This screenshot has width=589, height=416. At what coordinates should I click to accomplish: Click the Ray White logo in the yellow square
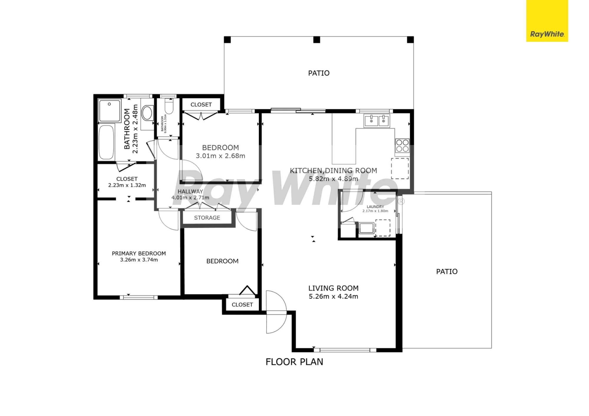pyautogui.click(x=547, y=34)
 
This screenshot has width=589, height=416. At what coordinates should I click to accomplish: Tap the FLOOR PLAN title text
pyautogui.click(x=294, y=362)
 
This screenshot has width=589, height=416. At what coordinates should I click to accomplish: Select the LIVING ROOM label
pyautogui.click(x=333, y=288)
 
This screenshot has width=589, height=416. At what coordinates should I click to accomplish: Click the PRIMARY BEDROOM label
pyautogui.click(x=139, y=253)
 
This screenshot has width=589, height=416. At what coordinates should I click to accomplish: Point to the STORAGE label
pyautogui.click(x=207, y=218)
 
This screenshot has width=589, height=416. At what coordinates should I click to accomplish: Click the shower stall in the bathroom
pyautogui.click(x=110, y=111)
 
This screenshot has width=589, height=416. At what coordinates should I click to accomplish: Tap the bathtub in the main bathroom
pyautogui.click(x=106, y=142)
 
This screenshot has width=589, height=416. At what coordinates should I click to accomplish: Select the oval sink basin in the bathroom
pyautogui.click(x=147, y=113)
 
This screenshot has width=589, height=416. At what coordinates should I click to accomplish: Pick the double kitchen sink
pyautogui.click(x=377, y=121)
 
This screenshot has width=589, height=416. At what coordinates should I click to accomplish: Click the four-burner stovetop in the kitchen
pyautogui.click(x=402, y=146)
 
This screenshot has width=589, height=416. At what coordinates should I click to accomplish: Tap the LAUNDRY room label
pyautogui.click(x=375, y=207)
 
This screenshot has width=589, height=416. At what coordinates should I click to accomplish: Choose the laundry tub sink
pyautogui.click(x=367, y=228)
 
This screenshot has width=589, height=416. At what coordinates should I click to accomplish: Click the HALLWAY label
pyautogui.click(x=190, y=192)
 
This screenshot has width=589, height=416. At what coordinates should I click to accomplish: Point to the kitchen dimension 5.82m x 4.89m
pyautogui.click(x=333, y=179)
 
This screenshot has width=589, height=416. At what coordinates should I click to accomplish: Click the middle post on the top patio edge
pyautogui.click(x=317, y=40)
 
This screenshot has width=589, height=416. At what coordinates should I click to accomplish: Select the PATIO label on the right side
pyautogui.click(x=447, y=272)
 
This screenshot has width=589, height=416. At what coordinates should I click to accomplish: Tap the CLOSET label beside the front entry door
pyautogui.click(x=242, y=305)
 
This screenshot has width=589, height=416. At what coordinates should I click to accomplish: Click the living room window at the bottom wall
pyautogui.click(x=345, y=350)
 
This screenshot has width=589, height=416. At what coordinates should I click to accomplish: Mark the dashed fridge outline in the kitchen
pyautogui.click(x=400, y=169)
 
